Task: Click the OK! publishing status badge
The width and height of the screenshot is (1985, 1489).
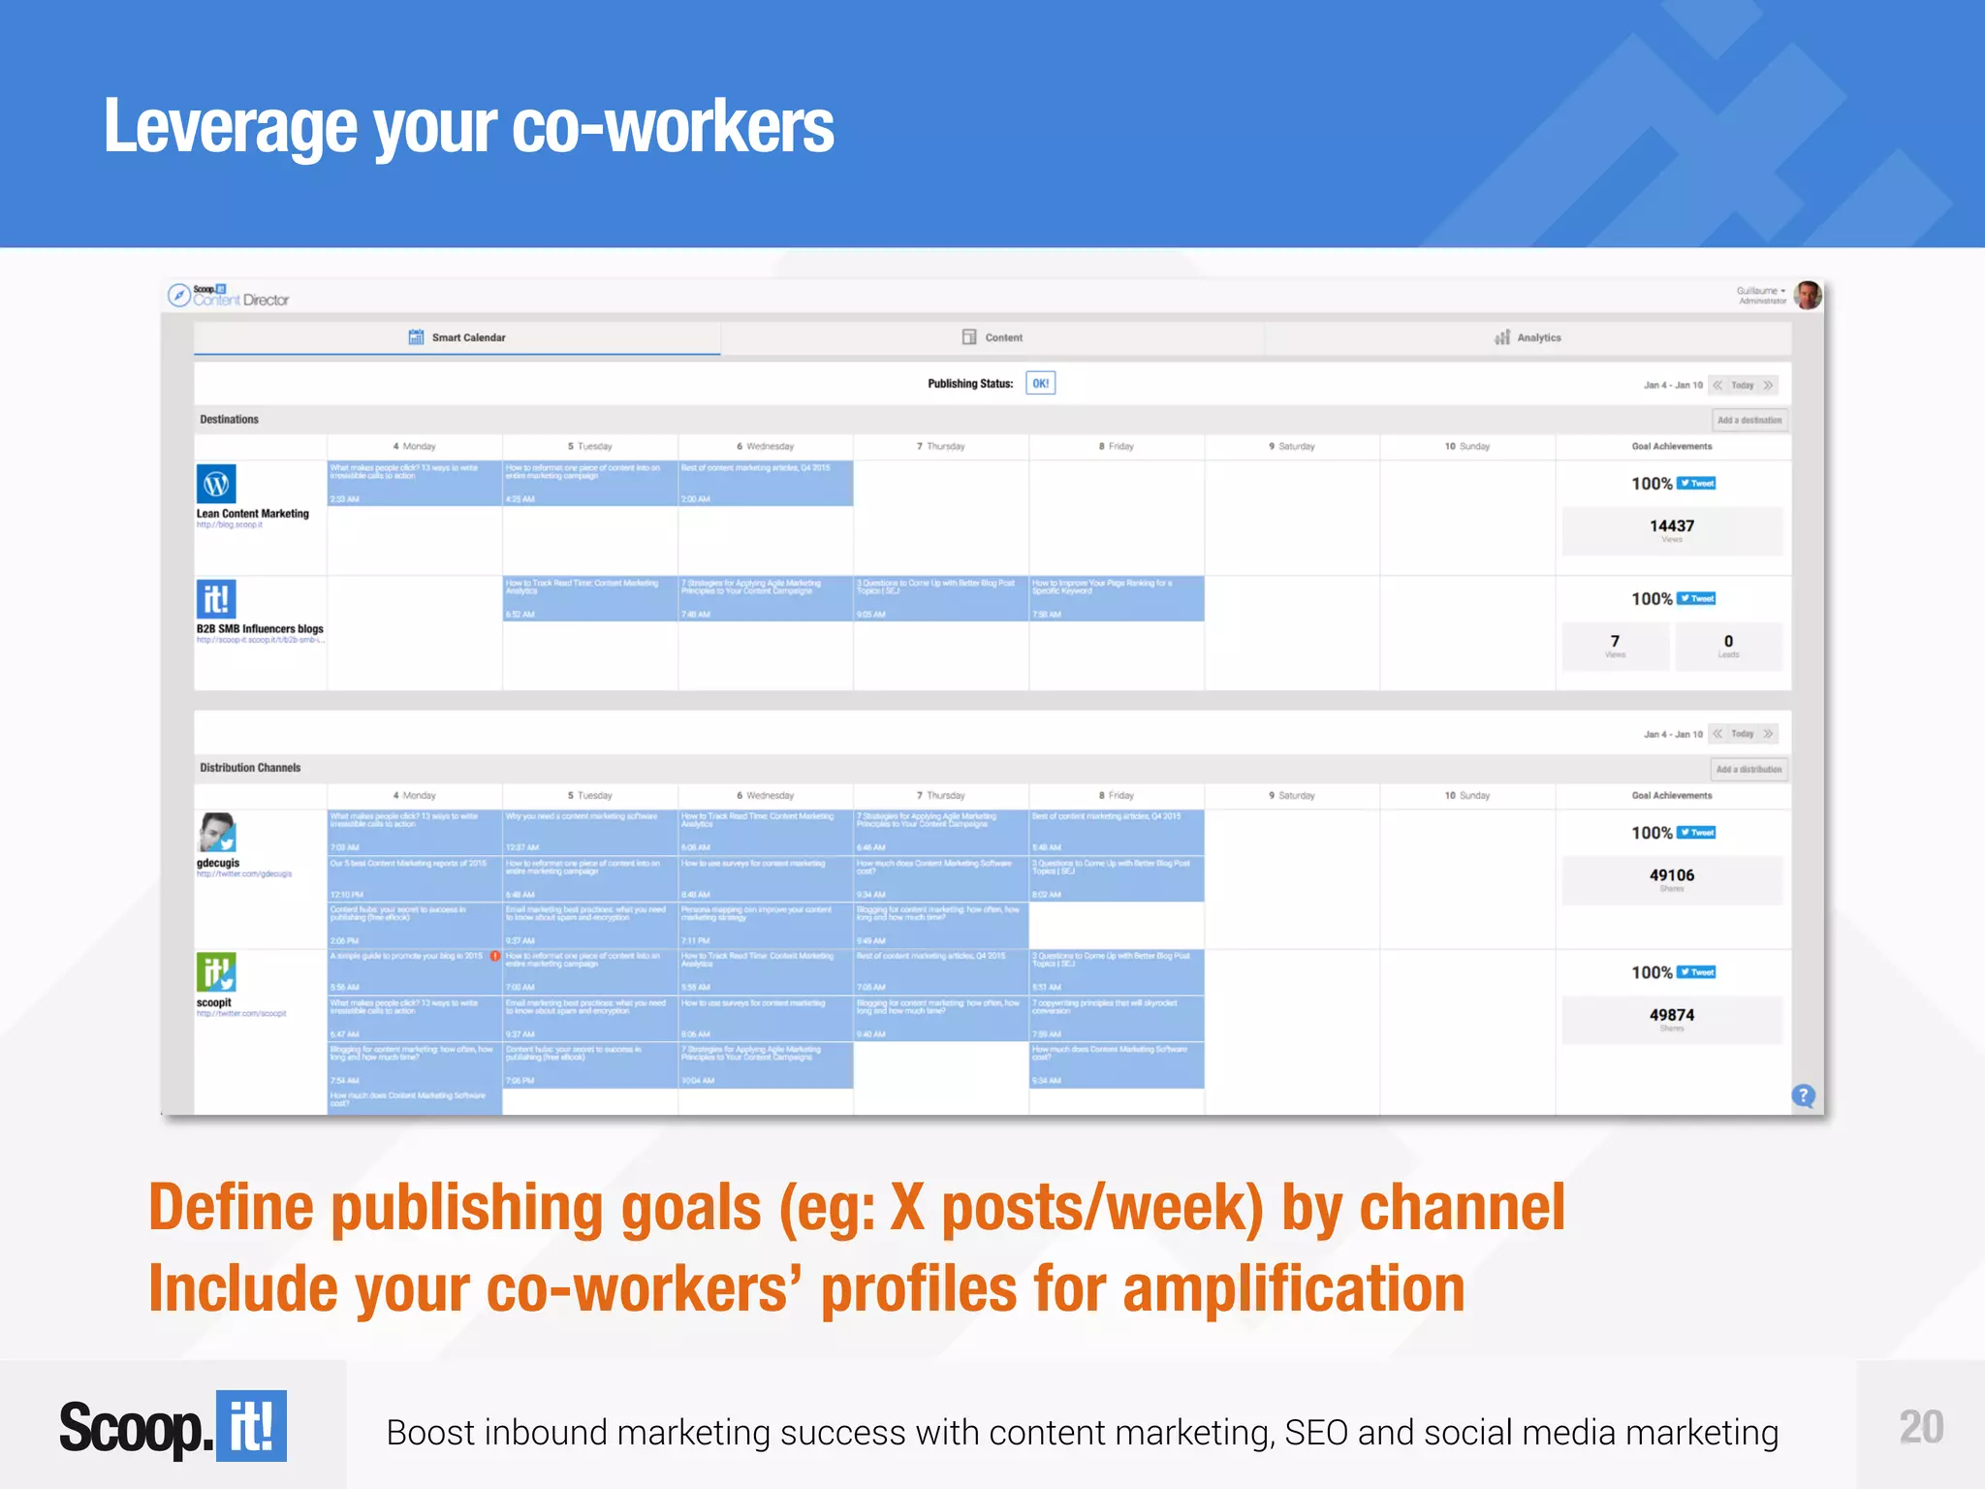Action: tap(1040, 384)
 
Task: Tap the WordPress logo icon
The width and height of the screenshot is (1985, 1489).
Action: tap(216, 484)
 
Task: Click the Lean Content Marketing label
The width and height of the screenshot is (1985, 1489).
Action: tap(253, 514)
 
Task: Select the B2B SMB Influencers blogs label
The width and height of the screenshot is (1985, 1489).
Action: tap(260, 629)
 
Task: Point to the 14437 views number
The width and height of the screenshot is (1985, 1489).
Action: tap(1672, 526)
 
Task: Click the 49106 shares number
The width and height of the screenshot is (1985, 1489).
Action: tap(1672, 875)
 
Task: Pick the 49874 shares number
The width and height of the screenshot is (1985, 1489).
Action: tap(1672, 1015)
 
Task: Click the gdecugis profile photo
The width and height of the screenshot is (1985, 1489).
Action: tap(217, 833)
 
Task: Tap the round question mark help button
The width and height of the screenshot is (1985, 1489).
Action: tap(1803, 1095)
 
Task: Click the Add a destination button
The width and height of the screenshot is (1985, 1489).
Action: tap(1749, 421)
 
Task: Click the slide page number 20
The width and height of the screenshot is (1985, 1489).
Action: tap(1920, 1427)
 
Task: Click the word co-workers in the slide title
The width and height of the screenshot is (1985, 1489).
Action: tap(672, 128)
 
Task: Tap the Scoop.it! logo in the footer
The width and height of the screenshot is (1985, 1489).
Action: tap(173, 1427)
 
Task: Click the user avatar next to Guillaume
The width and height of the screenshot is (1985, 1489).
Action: tap(1808, 296)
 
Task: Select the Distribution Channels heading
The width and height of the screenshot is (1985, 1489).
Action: tap(250, 768)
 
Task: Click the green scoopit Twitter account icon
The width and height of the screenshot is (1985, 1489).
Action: tap(216, 972)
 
